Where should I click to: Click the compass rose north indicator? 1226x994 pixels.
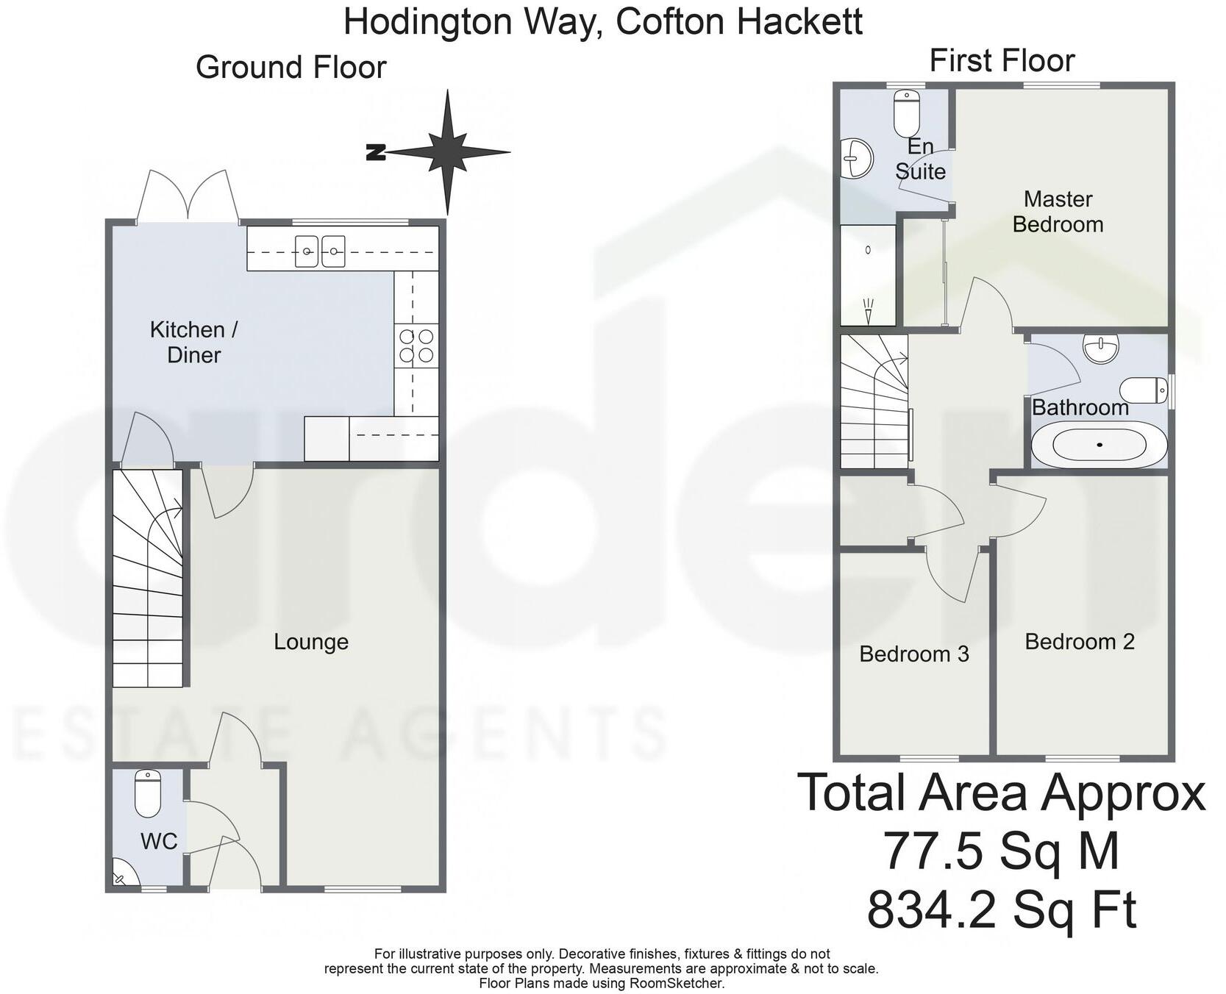click(x=377, y=153)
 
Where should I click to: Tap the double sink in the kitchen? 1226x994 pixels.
click(x=320, y=251)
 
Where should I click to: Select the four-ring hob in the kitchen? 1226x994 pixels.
click(x=416, y=346)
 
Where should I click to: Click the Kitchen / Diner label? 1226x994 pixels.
click(x=193, y=342)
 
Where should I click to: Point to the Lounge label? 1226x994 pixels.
click(x=310, y=642)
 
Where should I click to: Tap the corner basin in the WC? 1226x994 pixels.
click(x=122, y=875)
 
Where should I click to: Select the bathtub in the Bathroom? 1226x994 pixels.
click(x=1099, y=445)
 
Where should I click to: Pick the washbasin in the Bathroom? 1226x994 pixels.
click(x=1100, y=346)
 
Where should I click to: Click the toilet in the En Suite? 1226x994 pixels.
click(x=907, y=112)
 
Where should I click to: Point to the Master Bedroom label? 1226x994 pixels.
click(x=1058, y=212)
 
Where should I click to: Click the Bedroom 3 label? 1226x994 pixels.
click(x=913, y=654)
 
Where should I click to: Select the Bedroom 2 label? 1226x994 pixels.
click(x=1079, y=642)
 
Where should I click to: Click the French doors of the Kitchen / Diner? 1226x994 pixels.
click(x=188, y=196)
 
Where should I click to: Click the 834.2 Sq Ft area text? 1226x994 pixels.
click(x=1001, y=910)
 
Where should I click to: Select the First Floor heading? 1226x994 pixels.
click(x=1002, y=61)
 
